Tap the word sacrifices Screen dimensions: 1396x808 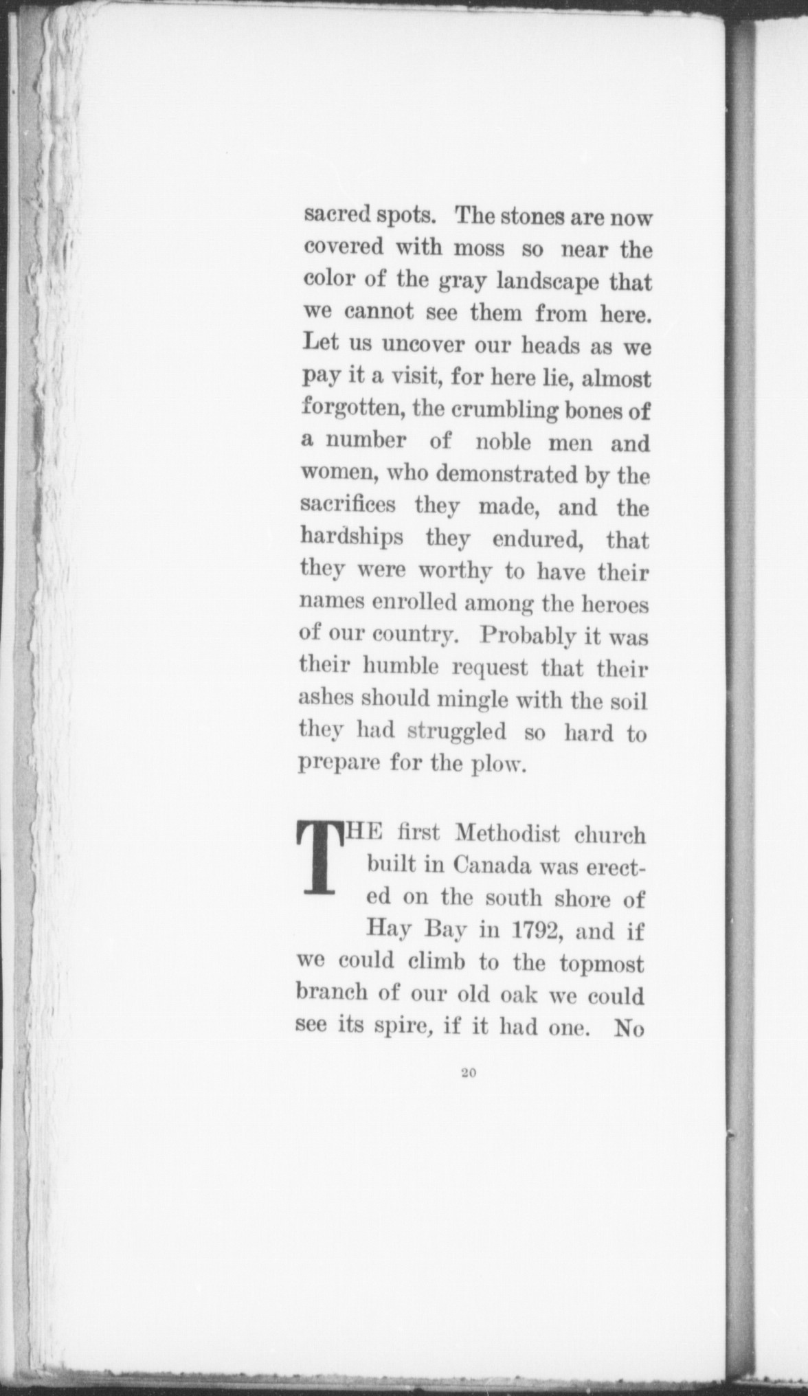[x=348, y=506]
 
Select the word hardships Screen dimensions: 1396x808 [x=352, y=538]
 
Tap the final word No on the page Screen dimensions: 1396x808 [x=628, y=1029]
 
